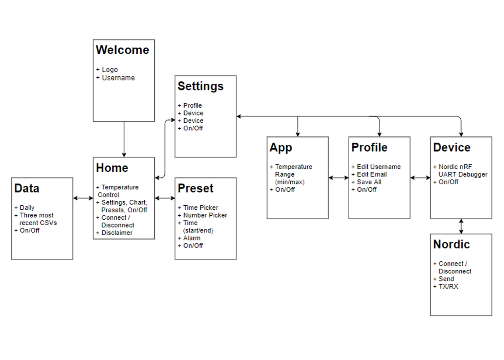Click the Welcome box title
(x=122, y=50)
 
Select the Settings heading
(x=201, y=87)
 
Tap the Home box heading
(x=112, y=168)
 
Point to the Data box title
(x=27, y=188)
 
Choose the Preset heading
(x=195, y=188)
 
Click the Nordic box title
(x=452, y=244)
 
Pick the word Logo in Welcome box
(x=110, y=69)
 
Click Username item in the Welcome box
(x=118, y=78)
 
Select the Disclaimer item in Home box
(x=117, y=233)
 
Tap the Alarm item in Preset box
(x=192, y=238)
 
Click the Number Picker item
(x=205, y=215)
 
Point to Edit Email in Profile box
(x=372, y=174)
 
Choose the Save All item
(x=369, y=182)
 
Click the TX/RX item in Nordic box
(x=448, y=287)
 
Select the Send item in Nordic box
(x=446, y=279)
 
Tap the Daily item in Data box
(x=27, y=208)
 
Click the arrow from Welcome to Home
(x=124, y=139)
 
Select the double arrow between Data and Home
(x=83, y=198)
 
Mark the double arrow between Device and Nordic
(x=461, y=226)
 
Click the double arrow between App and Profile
(x=339, y=178)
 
